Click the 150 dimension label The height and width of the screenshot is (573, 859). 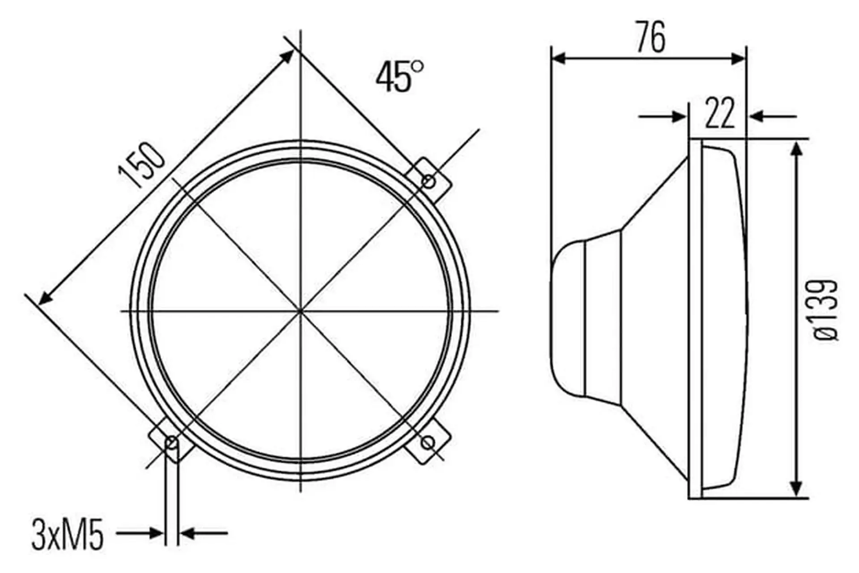coord(141,166)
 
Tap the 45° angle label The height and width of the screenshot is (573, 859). coord(400,77)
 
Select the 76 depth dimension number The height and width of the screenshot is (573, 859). coord(651,37)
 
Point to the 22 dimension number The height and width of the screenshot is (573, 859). coord(720,113)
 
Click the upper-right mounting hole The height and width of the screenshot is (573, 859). coord(429,182)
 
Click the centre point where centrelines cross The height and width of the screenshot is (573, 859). coord(300,310)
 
